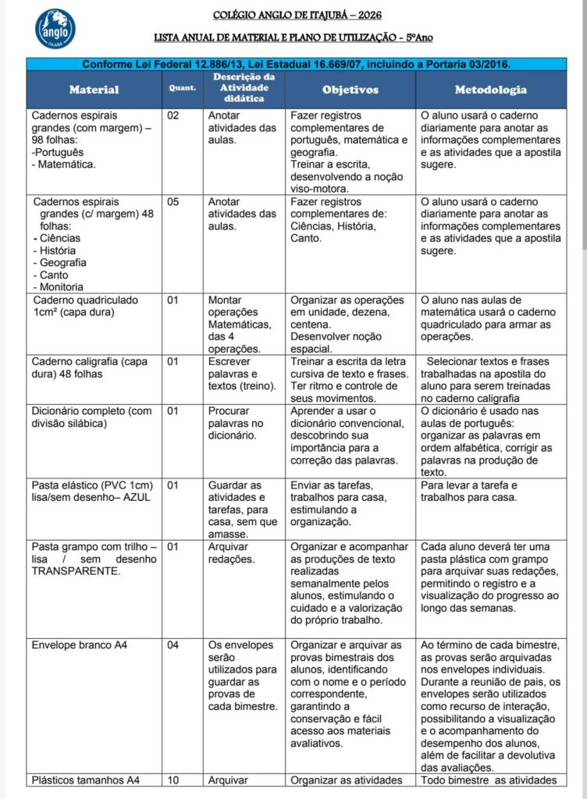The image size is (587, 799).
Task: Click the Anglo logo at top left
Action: (55, 30)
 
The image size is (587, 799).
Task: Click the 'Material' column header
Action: (94, 90)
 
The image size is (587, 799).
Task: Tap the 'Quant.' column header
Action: (182, 88)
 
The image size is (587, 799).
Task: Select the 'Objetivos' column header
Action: (350, 90)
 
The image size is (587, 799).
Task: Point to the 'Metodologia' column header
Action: (490, 90)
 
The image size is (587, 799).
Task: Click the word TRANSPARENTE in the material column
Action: (76, 571)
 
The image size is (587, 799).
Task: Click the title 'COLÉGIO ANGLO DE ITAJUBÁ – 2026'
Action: (297, 15)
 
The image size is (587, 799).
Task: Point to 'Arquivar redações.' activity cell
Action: (232, 552)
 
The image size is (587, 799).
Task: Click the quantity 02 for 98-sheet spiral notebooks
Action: (173, 115)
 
